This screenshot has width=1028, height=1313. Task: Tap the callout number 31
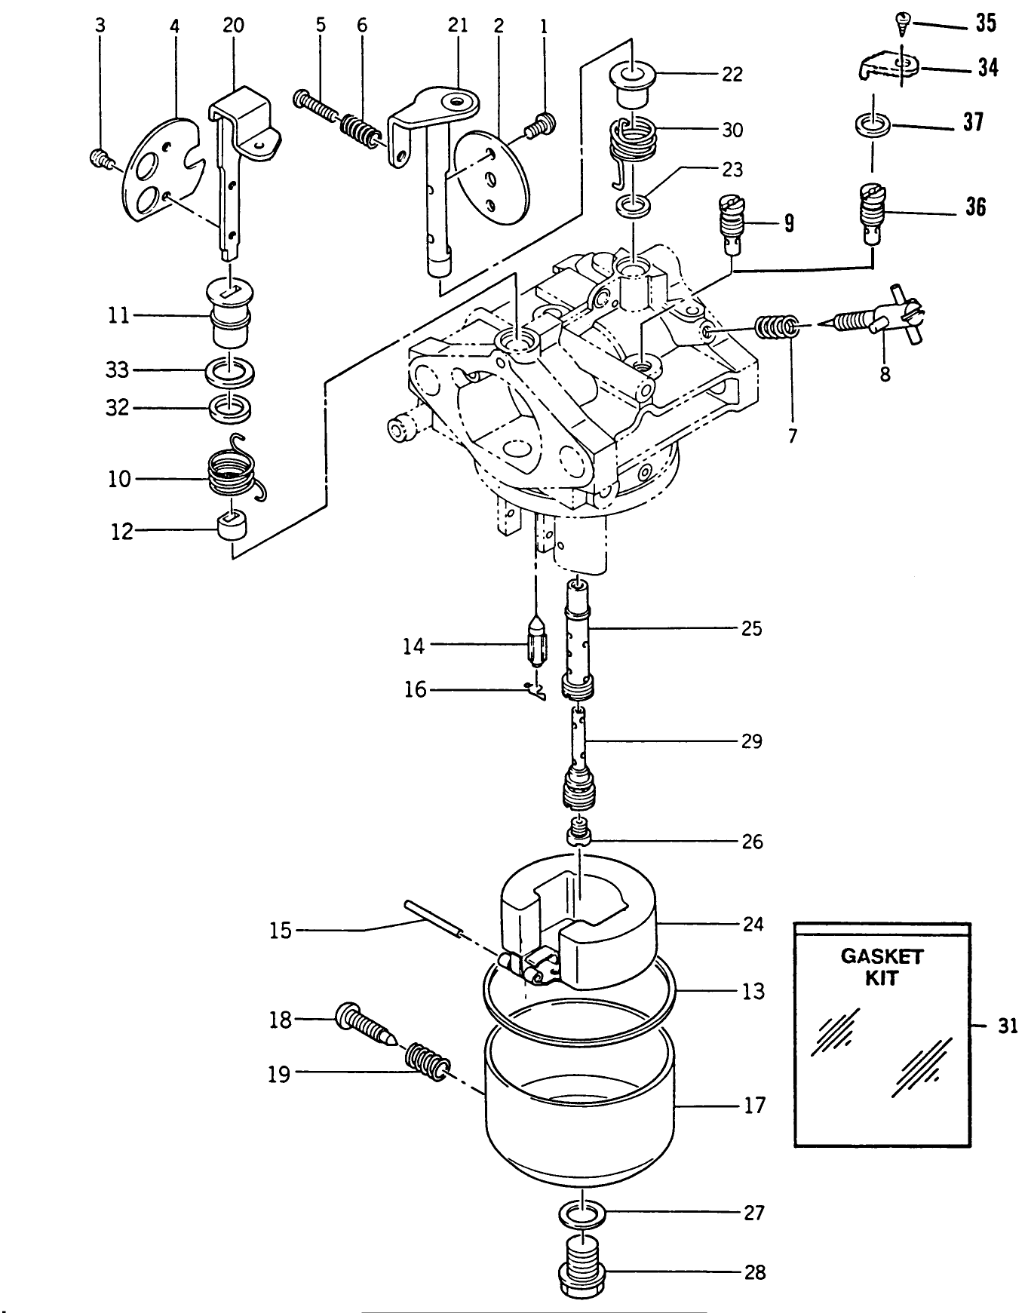[1008, 1026]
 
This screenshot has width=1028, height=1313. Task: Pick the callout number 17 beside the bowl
[754, 1106]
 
